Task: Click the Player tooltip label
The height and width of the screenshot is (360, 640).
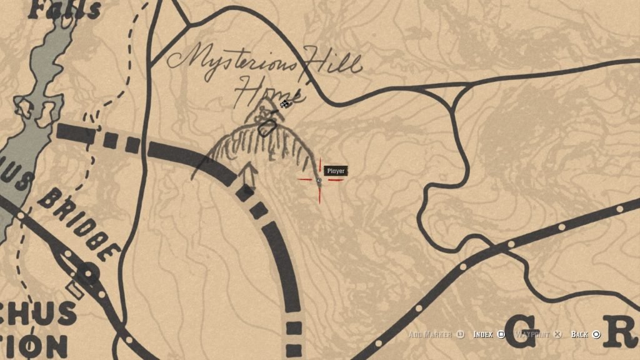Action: coord(336,171)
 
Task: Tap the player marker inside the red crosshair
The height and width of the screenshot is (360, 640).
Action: coord(319,181)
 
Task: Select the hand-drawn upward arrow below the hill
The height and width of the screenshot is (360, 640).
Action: coord(247,175)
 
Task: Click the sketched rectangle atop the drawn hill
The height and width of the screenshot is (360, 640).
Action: coord(267,128)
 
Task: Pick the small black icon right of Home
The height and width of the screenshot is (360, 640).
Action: coord(285,104)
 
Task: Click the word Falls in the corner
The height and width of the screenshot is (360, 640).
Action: coord(65,8)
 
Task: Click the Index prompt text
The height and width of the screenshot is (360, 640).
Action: coord(483,334)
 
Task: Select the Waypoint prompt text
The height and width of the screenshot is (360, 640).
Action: coord(533,334)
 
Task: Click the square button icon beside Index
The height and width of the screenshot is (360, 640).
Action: coord(501,334)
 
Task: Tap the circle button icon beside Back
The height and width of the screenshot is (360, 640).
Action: coord(596,334)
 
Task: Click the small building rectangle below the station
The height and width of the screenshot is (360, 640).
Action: coord(76,289)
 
